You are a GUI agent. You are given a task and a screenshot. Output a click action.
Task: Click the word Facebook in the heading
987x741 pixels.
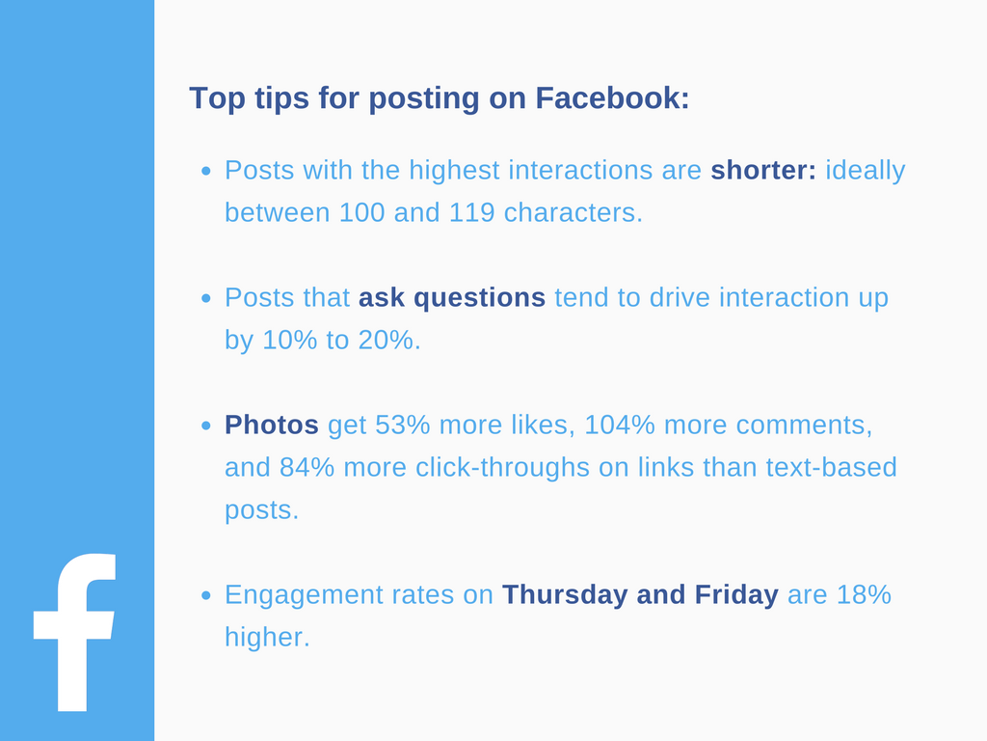pos(612,98)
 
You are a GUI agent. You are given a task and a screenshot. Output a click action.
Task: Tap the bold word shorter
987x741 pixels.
pos(762,171)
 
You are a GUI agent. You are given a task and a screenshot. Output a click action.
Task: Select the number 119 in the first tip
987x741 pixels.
pos(472,213)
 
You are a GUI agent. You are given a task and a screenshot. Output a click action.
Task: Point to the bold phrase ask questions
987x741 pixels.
pos(452,298)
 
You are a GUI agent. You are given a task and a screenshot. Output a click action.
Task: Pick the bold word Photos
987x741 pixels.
pos(272,425)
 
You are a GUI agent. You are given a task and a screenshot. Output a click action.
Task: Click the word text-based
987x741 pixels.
pos(831,468)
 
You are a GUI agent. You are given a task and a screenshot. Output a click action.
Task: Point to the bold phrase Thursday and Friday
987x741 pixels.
pos(640,595)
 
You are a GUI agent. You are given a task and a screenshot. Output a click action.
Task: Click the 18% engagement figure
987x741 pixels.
pos(864,595)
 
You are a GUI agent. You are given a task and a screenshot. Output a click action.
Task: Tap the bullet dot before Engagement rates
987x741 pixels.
pos(206,596)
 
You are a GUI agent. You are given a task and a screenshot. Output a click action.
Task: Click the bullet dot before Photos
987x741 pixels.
pos(206,426)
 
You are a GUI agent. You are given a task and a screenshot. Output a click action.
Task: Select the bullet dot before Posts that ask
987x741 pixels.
pos(206,299)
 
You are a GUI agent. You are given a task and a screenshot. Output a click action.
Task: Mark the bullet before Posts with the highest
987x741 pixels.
pos(206,172)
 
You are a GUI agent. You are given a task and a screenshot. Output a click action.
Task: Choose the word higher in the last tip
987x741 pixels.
pos(267,638)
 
